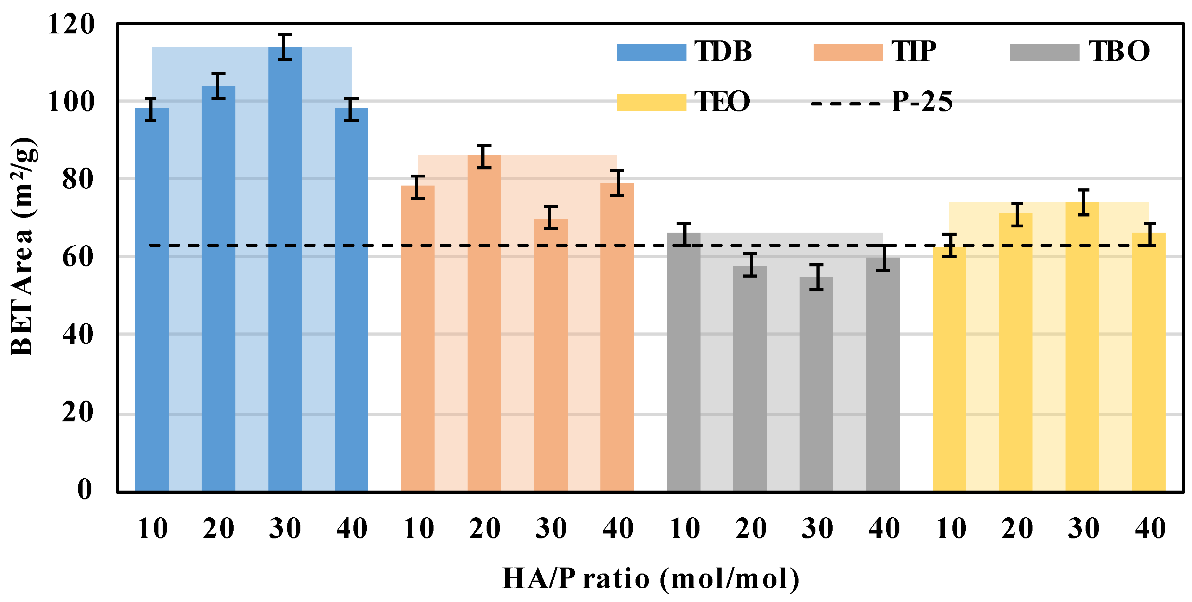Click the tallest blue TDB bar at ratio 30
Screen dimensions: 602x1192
tap(285, 268)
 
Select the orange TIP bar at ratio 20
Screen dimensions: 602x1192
tap(484, 324)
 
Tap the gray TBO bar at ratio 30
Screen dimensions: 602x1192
tap(816, 384)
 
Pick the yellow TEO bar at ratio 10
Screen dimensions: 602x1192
tap(949, 370)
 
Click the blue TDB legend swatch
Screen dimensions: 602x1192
tap(651, 52)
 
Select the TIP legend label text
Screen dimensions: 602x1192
tap(913, 51)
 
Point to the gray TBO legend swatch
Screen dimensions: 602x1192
tap(1044, 52)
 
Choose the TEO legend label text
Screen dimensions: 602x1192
tap(722, 101)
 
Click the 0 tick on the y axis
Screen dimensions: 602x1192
tap(85, 489)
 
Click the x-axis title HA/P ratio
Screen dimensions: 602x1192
tap(651, 578)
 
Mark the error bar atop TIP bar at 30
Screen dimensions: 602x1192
tap(551, 218)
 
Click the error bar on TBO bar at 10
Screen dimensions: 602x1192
tap(683, 234)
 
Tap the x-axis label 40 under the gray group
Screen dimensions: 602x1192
tap(883, 529)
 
